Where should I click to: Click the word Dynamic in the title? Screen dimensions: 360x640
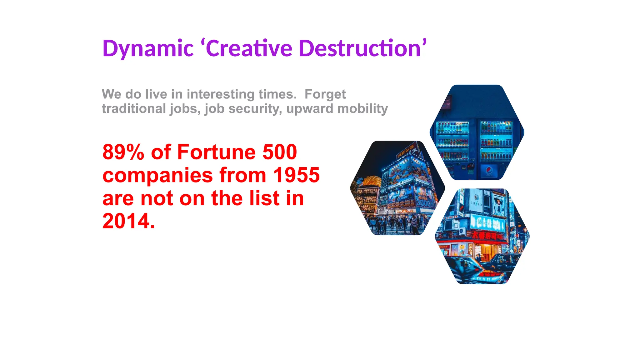(x=148, y=49)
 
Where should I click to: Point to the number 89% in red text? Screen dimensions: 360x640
(x=123, y=152)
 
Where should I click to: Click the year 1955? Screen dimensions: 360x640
(x=296, y=175)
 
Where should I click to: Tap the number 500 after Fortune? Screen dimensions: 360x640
(x=280, y=152)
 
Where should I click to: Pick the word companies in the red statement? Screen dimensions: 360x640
(x=157, y=175)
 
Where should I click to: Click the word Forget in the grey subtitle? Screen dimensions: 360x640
(x=325, y=94)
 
